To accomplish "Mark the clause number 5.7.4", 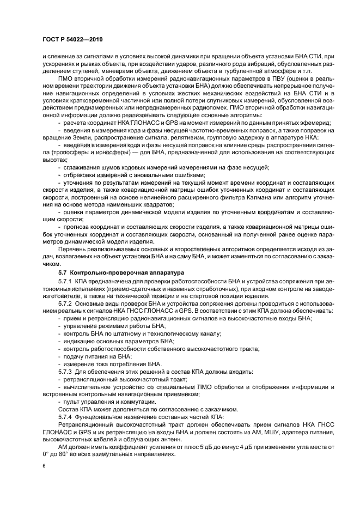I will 66,416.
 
